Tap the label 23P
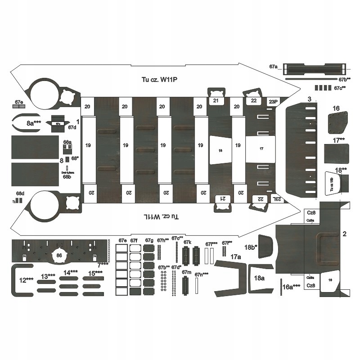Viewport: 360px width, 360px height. tap(273, 102)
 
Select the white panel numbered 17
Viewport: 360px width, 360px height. tap(261, 148)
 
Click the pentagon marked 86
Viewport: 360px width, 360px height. tap(59, 255)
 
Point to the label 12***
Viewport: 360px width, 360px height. tap(26, 279)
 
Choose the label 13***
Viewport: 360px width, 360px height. tap(48, 276)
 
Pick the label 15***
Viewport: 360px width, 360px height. tap(95, 273)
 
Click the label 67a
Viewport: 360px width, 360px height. tap(274, 67)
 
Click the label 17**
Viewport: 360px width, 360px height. tap(340, 140)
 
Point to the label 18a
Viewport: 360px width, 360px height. tap(259, 278)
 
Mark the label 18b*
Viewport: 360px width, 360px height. tap(250, 247)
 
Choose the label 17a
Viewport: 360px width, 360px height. tap(236, 256)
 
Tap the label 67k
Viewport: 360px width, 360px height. tap(187, 243)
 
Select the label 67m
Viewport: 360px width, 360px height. tap(187, 273)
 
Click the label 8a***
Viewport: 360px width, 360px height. tap(34, 122)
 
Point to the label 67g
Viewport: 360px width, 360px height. tap(149, 240)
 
